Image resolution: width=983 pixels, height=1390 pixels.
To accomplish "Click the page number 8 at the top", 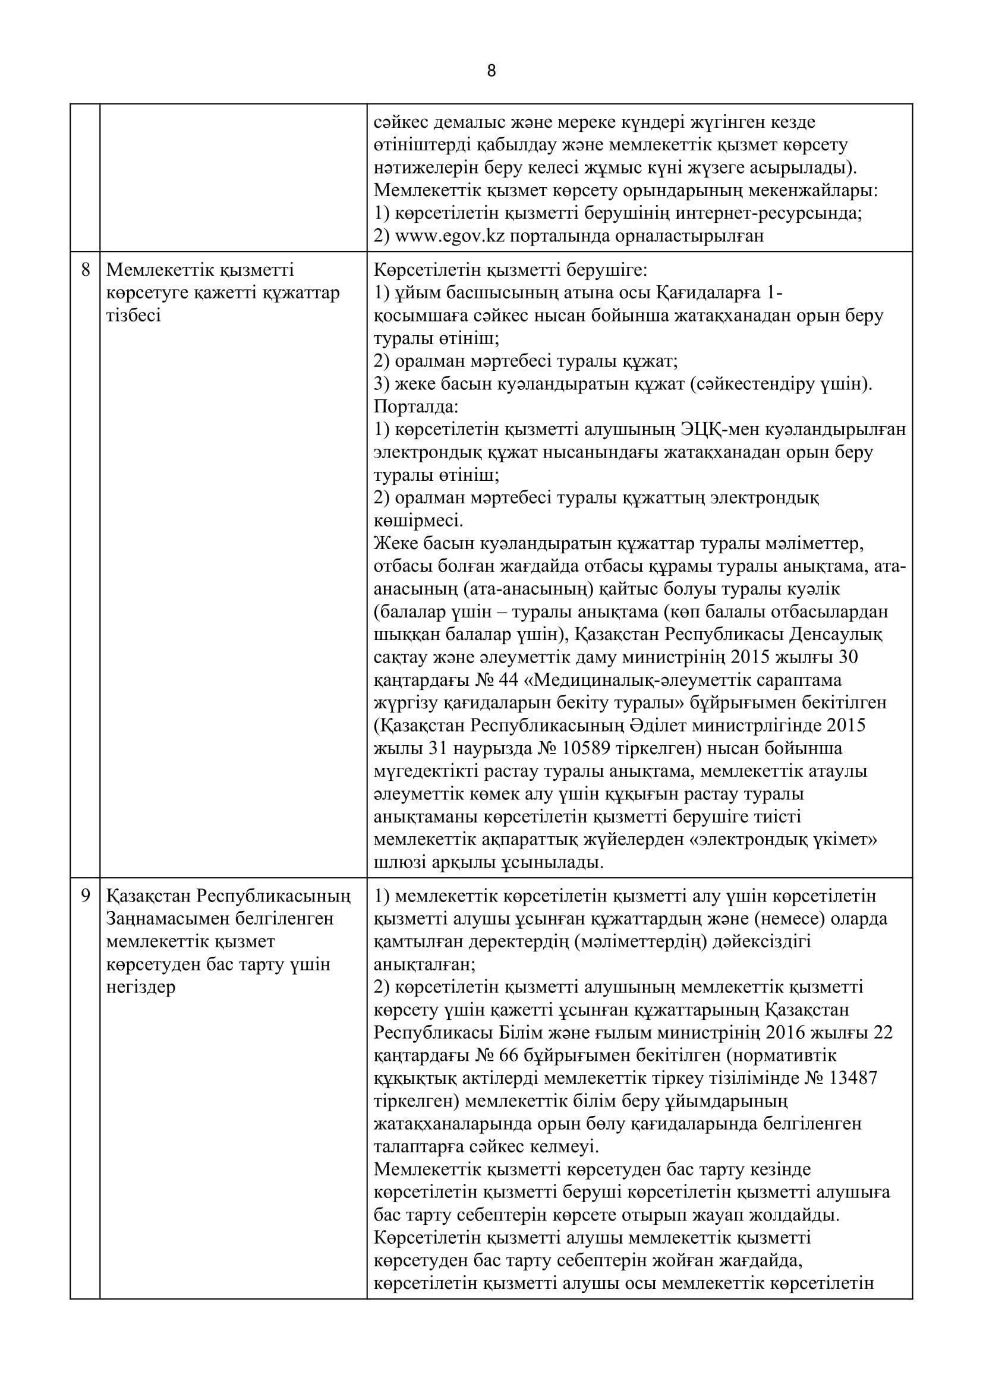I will pyautogui.click(x=491, y=71).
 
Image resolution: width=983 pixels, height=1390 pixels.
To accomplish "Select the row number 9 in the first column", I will pyautogui.click(x=85, y=896).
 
